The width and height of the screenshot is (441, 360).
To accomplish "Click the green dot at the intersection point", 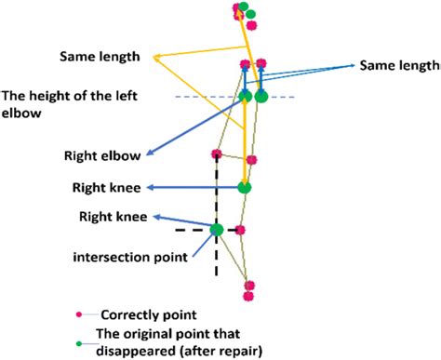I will [x=216, y=229].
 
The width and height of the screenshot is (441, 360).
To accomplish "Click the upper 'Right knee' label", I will [x=106, y=187].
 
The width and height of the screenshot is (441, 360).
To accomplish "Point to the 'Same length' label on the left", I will [x=100, y=56].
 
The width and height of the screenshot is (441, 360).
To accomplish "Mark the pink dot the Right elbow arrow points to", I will [x=216, y=154].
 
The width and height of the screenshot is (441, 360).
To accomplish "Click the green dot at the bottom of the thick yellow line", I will [x=245, y=187].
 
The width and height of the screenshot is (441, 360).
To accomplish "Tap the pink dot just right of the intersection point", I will [x=240, y=230].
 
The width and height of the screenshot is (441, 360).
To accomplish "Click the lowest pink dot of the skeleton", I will [x=248, y=297].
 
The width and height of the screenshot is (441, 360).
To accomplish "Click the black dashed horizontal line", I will [x=191, y=229].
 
